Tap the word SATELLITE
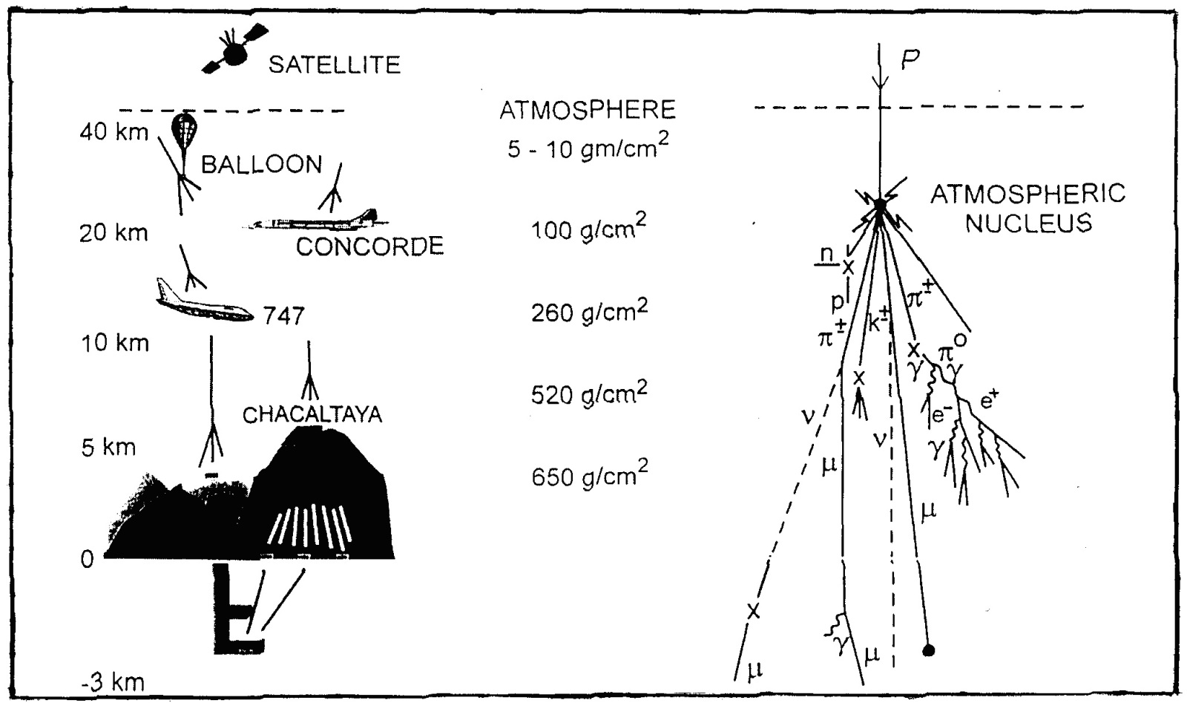point(334,65)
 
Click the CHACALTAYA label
point(312,413)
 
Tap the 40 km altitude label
point(114,133)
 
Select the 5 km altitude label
point(109,448)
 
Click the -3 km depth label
point(113,682)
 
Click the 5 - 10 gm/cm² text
point(588,148)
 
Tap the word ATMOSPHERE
point(588,110)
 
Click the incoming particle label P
point(910,62)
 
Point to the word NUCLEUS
point(1029,223)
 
